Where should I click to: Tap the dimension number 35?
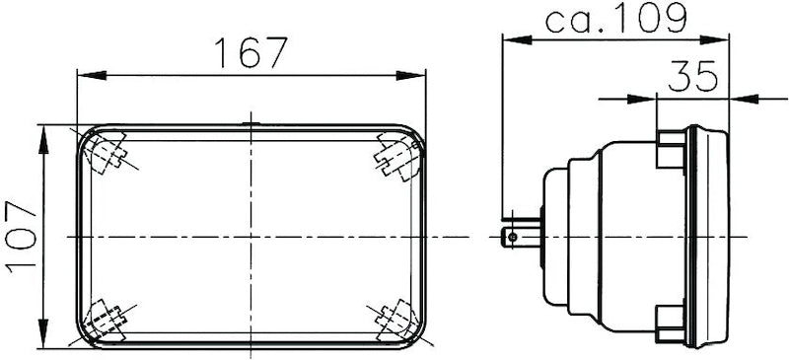coord(692,76)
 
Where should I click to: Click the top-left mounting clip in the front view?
coord(108,153)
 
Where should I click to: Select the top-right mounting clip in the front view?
coord(397,155)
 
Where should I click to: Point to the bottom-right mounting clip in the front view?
coord(397,319)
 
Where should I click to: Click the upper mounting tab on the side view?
coord(671,151)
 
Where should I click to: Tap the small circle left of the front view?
coord(70,237)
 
